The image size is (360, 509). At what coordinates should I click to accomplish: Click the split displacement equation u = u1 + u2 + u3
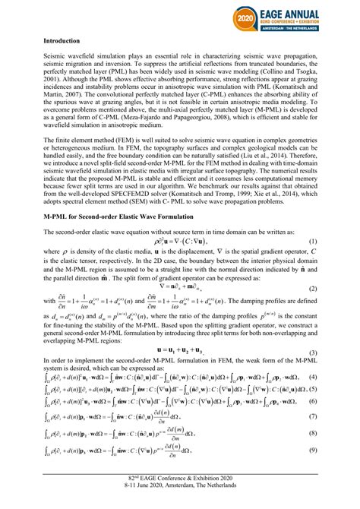click(x=178, y=351)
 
